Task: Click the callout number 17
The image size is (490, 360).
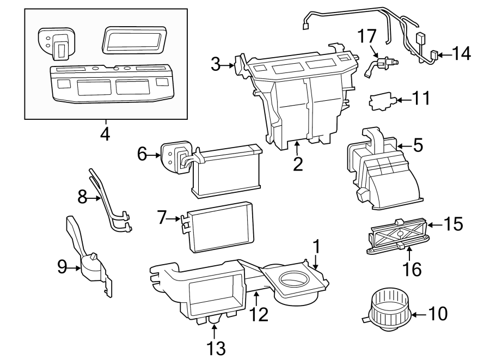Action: click(x=366, y=38)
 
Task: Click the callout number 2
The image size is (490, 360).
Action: click(x=297, y=163)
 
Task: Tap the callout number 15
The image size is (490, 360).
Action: click(x=454, y=223)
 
